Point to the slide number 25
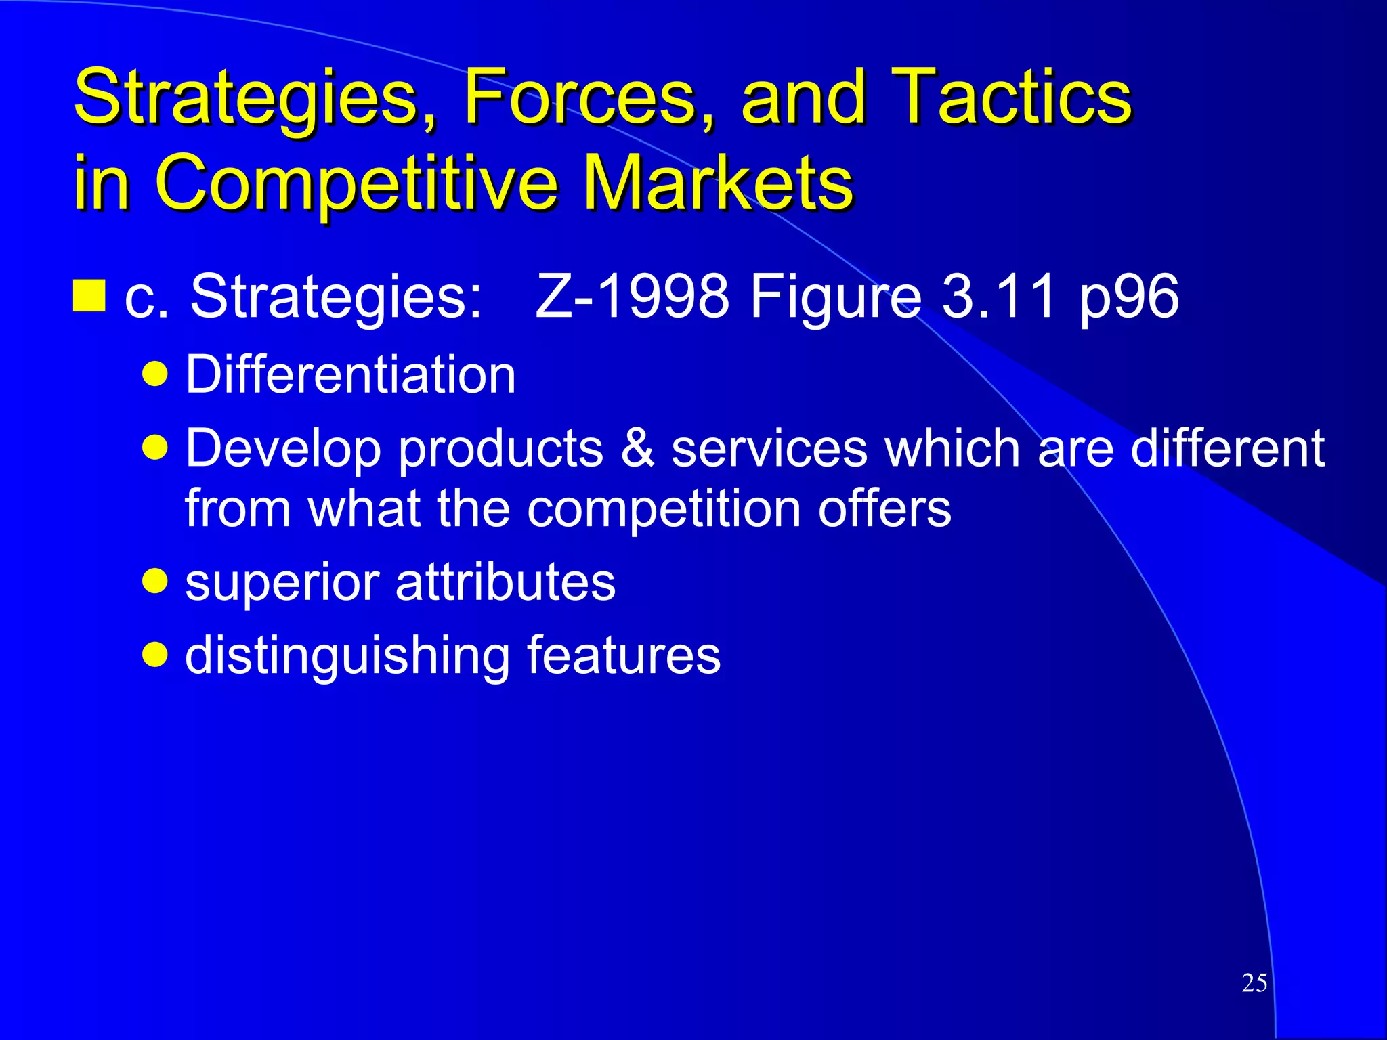coord(1254,983)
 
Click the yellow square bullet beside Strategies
coord(89,296)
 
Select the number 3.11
coord(999,296)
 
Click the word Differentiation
coord(350,374)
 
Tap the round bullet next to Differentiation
coord(156,374)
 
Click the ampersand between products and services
coord(637,448)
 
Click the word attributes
coord(505,582)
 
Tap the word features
coord(623,655)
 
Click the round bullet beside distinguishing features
coord(156,654)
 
